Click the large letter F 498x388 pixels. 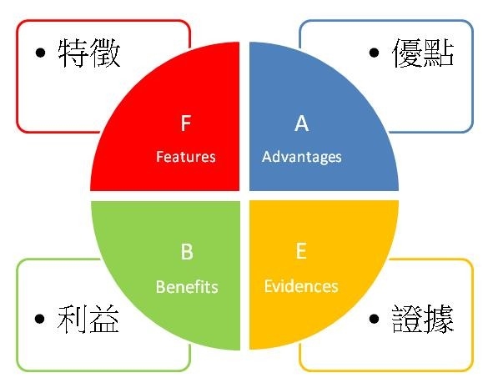[x=186, y=123]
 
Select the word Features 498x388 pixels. [x=186, y=157]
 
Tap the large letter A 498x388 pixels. [x=301, y=123]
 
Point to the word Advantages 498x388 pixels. [x=302, y=158]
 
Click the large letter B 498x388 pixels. [x=187, y=252]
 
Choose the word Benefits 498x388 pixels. [x=187, y=287]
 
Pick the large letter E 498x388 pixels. [x=301, y=250]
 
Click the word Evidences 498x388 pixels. [x=301, y=286]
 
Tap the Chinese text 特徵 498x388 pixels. [x=89, y=53]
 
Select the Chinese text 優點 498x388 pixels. [x=423, y=53]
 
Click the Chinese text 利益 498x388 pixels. [x=88, y=319]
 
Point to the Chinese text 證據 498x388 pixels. [x=423, y=319]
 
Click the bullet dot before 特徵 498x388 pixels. [x=40, y=53]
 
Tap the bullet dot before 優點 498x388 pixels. [x=375, y=53]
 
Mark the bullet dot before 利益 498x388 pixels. [x=40, y=319]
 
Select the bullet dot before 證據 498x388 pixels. [x=375, y=319]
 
